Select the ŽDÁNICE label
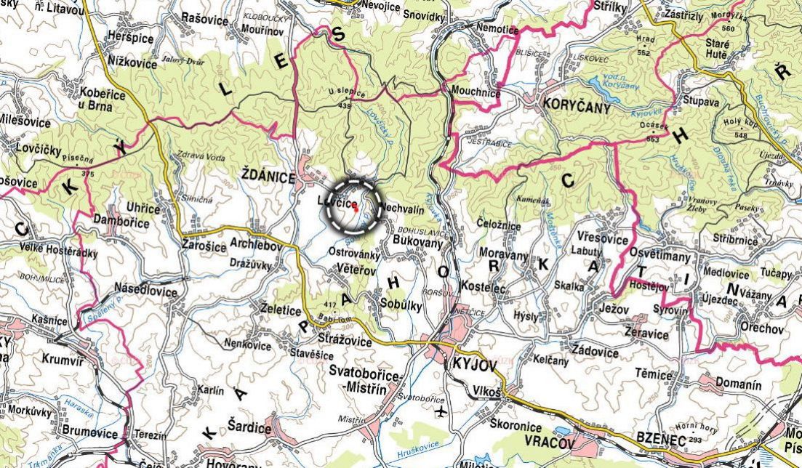coord(268,177)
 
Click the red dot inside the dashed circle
coord(356,207)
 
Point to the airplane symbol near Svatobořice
coord(440,413)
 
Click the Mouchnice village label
coord(476,93)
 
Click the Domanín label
coord(739,384)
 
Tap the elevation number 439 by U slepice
coord(345,107)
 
